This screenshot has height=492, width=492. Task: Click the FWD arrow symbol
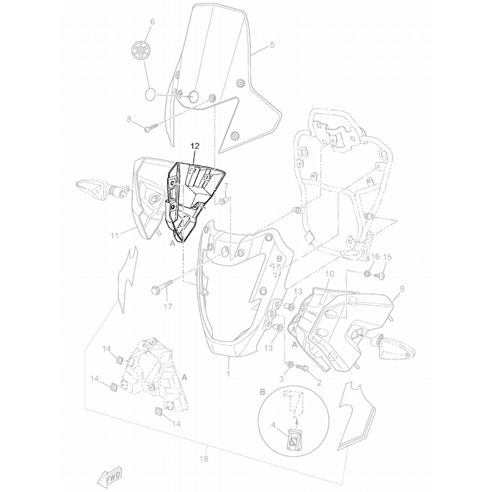click(x=109, y=474)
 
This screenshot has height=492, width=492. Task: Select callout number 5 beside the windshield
click(x=273, y=45)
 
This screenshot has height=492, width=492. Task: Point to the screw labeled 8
click(x=151, y=129)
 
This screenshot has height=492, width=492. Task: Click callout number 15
click(x=387, y=257)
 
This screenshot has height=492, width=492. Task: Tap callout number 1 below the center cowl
click(x=228, y=373)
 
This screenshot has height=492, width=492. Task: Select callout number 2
click(x=319, y=383)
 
